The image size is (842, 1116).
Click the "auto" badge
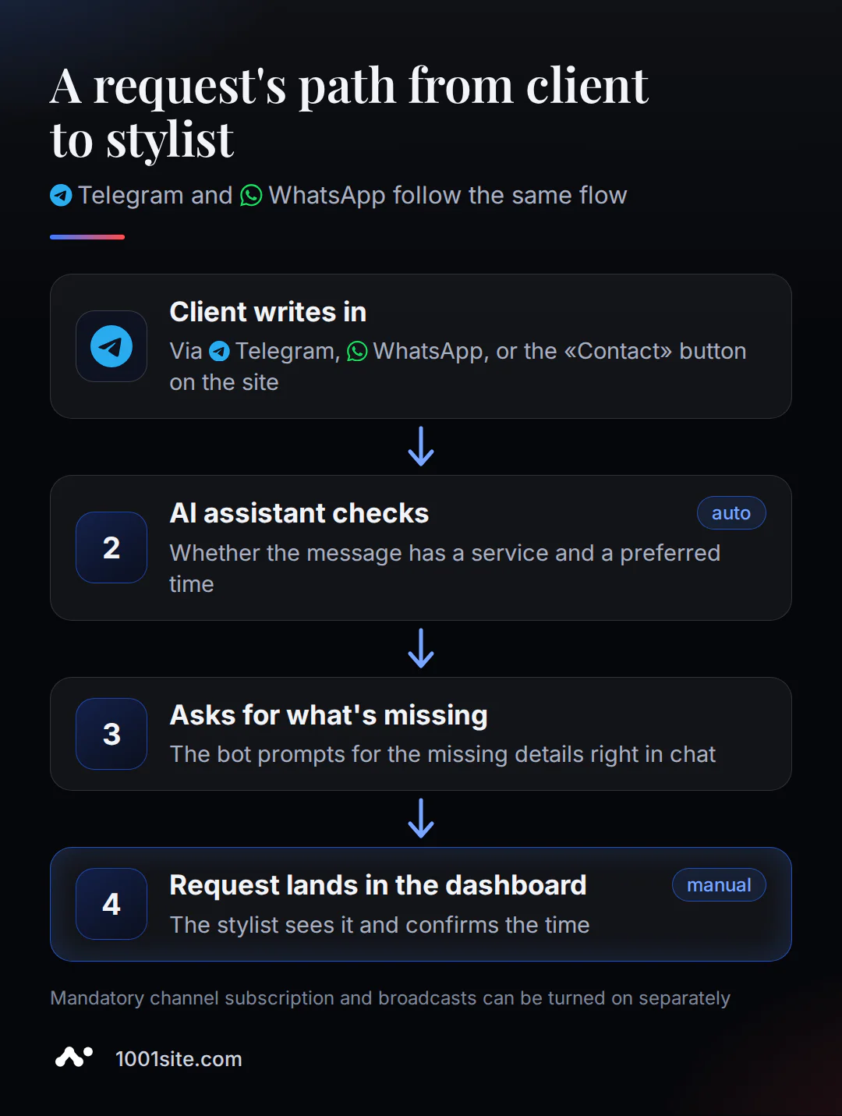(731, 513)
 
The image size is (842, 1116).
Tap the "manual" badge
(719, 885)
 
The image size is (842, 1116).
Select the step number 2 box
(111, 547)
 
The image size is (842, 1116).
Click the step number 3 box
(111, 734)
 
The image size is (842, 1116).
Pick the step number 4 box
(111, 904)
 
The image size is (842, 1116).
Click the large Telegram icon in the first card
(111, 346)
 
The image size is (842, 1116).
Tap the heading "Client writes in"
(267, 312)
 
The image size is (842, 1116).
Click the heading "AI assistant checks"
(299, 513)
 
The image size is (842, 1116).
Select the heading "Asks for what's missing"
(328, 715)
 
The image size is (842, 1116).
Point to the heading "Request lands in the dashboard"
(377, 885)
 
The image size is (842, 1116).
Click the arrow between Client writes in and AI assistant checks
(421, 446)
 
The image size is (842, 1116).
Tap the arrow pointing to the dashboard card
(421, 819)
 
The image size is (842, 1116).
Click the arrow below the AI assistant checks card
(421, 648)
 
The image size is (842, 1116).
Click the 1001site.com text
(179, 1059)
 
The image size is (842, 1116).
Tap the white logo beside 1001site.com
(74, 1057)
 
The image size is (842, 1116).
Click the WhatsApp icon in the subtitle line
(251, 195)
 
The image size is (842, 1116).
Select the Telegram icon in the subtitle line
(61, 195)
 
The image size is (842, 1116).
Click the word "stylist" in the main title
(170, 140)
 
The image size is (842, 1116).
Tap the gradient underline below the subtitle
(87, 237)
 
